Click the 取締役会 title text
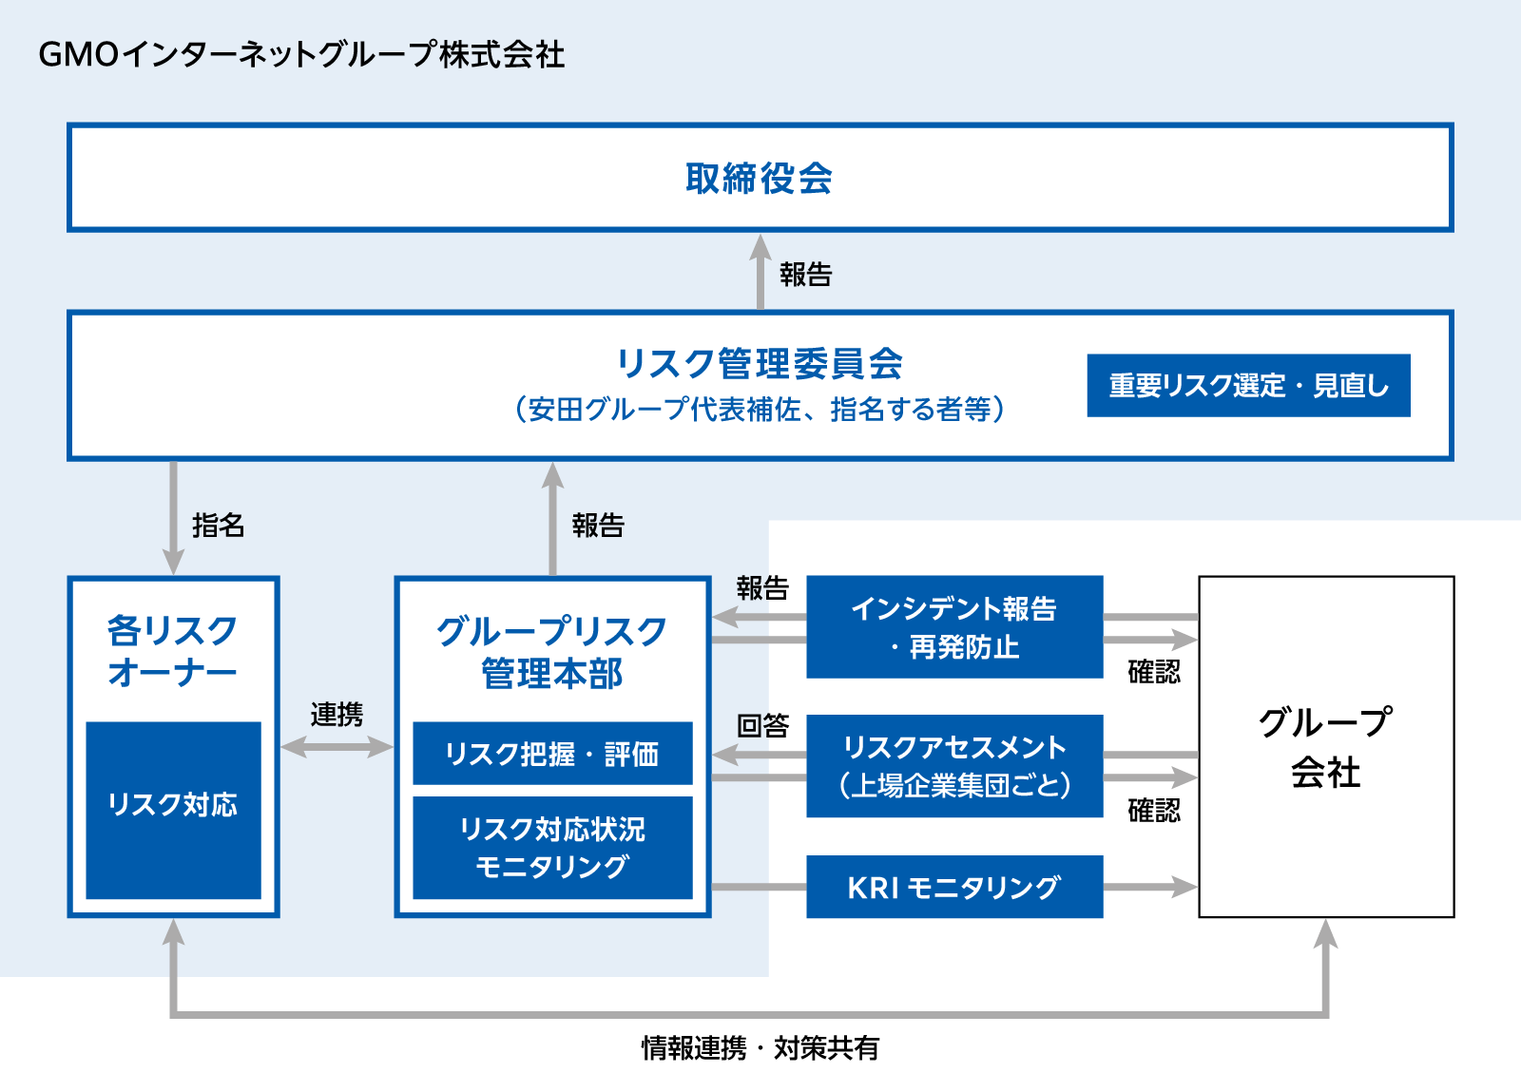tap(760, 179)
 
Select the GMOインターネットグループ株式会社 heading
tap(301, 54)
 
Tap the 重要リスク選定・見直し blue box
tap(1249, 386)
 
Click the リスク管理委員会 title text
tap(760, 363)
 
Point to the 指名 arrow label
tap(218, 526)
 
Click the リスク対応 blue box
tap(173, 811)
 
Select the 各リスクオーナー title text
tap(172, 651)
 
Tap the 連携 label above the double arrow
tap(337, 715)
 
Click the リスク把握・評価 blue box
tap(552, 754)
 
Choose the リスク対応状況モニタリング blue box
tap(552, 848)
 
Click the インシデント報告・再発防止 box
tap(954, 627)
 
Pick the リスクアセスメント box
tap(954, 766)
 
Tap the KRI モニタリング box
tap(954, 887)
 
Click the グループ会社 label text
tap(1326, 747)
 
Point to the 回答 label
tap(762, 725)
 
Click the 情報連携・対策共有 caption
tap(760, 1048)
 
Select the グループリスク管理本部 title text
tap(552, 652)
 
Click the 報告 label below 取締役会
tap(806, 275)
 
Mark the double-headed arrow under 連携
tap(337, 747)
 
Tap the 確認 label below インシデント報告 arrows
tap(1154, 672)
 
